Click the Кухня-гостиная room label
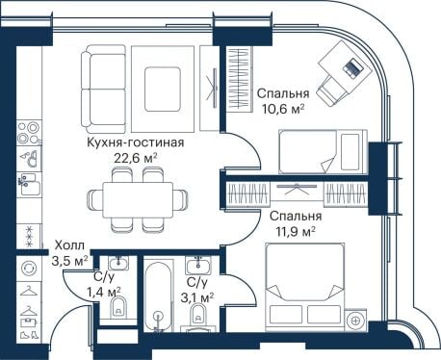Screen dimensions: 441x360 [x=136, y=142]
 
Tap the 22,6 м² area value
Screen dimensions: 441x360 [x=136, y=158]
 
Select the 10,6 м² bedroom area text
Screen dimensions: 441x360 [x=283, y=109]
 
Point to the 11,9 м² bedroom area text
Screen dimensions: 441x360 [x=296, y=231]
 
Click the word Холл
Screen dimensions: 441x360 [x=69, y=245]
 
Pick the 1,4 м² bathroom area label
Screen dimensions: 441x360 [x=103, y=292]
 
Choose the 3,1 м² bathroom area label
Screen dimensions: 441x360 [x=197, y=298]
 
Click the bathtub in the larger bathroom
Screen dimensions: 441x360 [x=158, y=296]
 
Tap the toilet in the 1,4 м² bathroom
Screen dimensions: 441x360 [x=118, y=307]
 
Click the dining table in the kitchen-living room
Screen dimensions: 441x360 [x=138, y=200]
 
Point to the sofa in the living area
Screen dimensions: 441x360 [x=103, y=90]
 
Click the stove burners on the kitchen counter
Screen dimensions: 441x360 [x=29, y=133]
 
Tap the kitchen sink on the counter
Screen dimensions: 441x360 [x=30, y=185]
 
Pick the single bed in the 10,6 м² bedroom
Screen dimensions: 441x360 [x=323, y=151]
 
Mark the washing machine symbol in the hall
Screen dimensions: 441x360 [x=29, y=268]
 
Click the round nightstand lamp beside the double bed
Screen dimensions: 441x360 [x=355, y=321]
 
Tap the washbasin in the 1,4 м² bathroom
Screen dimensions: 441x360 [x=118, y=264]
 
